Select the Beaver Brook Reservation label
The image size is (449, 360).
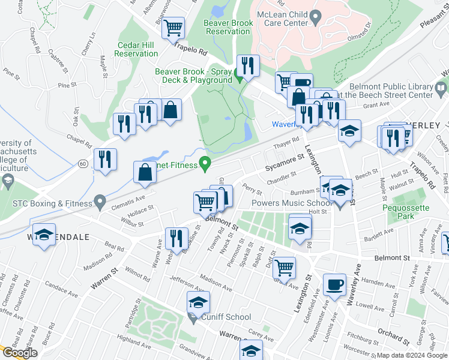pyautogui.click(x=227, y=26)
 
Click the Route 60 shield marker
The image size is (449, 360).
pyautogui.click(x=82, y=163)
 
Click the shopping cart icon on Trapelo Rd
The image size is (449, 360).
pyautogui.click(x=173, y=27)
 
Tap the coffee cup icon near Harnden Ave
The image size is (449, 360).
pyautogui.click(x=334, y=284)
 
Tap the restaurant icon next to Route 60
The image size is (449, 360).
pyautogui.click(x=105, y=159)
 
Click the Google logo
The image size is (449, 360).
pyautogui.click(x=20, y=353)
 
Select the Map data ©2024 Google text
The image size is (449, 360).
pyautogui.click(x=412, y=355)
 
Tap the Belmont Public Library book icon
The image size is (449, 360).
pyautogui.click(x=441, y=89)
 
